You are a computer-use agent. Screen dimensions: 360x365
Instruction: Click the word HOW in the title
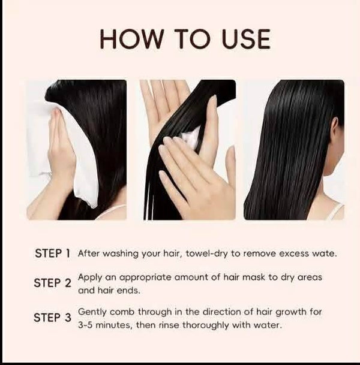pyautogui.click(x=131, y=38)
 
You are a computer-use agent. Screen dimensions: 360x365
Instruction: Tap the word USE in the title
pyautogui.click(x=246, y=38)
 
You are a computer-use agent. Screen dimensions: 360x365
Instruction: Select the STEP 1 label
pyautogui.click(x=52, y=254)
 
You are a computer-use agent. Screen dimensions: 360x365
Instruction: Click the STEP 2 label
pyautogui.click(x=52, y=283)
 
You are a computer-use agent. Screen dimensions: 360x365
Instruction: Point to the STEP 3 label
pyautogui.click(x=52, y=318)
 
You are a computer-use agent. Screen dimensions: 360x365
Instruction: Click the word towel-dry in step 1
pyautogui.click(x=206, y=254)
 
